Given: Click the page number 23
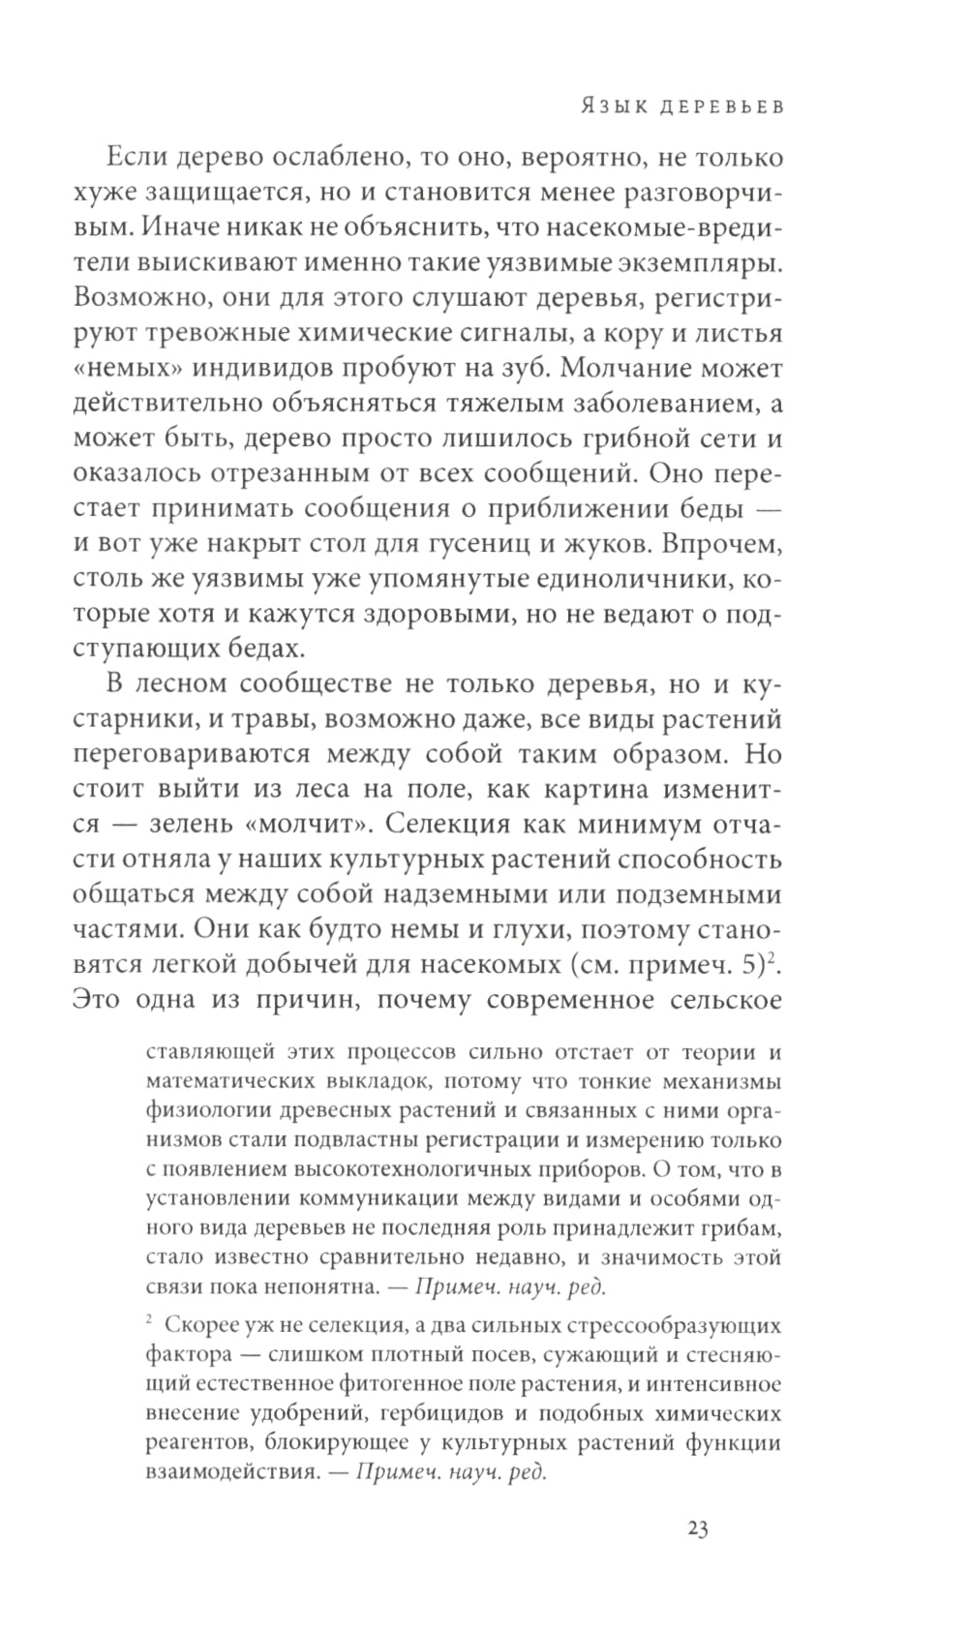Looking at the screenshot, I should point(698,1529).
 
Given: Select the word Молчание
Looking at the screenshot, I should point(647,369).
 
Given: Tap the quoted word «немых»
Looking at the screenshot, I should point(127,369).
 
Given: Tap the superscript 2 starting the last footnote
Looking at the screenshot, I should point(150,1320).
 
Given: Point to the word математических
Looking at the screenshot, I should point(221,1080).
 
